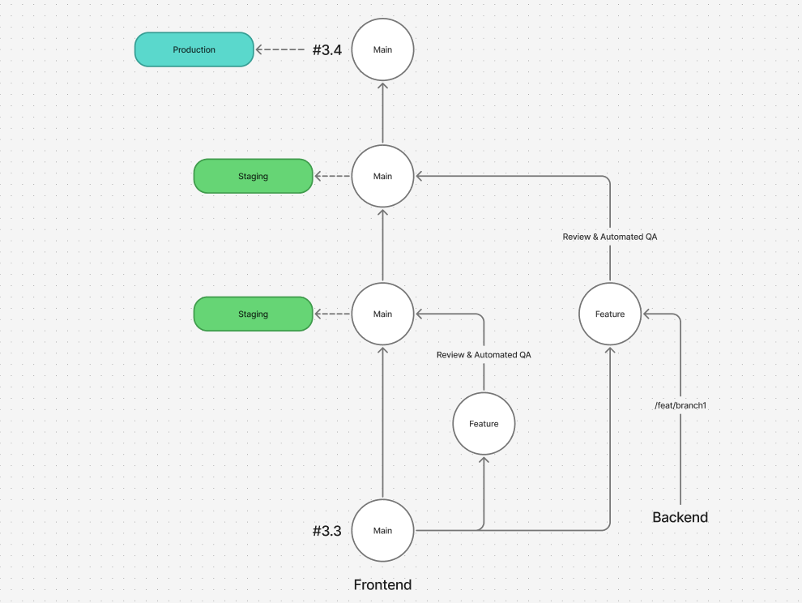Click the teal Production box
(194, 49)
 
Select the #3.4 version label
(326, 49)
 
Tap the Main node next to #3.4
(382, 49)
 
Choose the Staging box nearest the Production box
(253, 176)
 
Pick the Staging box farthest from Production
(253, 314)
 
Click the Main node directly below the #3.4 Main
(382, 176)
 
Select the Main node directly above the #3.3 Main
(382, 314)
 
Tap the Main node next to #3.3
(382, 530)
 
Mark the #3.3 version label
(326, 531)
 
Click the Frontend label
(382, 584)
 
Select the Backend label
(680, 517)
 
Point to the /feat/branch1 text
(680, 404)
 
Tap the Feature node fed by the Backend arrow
(610, 314)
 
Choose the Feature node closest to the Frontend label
(484, 423)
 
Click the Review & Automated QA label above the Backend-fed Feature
(610, 237)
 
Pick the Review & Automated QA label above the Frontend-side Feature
(484, 355)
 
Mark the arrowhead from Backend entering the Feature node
(647, 314)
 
